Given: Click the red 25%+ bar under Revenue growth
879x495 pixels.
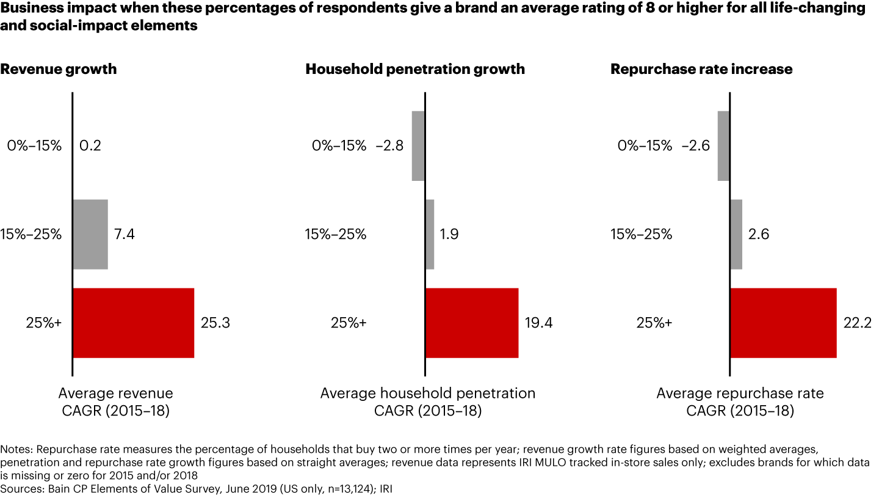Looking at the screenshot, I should click(x=133, y=323).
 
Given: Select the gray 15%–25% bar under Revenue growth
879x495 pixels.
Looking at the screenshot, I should click(x=90, y=234).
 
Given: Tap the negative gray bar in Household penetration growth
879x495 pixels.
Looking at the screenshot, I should click(x=418, y=145).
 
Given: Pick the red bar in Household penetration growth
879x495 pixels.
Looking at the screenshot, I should click(x=472, y=323).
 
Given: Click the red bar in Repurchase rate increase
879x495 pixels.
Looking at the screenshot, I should click(x=783, y=323).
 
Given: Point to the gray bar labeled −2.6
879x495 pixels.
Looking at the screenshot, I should click(x=723, y=145).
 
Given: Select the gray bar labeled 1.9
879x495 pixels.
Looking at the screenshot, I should click(x=430, y=234).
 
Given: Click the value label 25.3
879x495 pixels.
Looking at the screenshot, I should click(x=215, y=323).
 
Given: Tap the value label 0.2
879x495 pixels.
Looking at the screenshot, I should click(x=90, y=145).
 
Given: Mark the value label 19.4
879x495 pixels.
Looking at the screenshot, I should click(x=538, y=323).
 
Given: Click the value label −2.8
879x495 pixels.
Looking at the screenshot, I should click(x=389, y=145).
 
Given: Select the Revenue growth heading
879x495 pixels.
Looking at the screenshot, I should click(x=59, y=69).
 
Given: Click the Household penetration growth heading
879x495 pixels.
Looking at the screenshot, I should click(x=415, y=69).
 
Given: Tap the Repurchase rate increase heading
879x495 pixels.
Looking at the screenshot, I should click(x=701, y=69).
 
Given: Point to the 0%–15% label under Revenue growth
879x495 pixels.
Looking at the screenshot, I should click(x=34, y=145).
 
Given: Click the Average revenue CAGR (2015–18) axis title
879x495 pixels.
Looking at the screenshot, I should click(x=115, y=402).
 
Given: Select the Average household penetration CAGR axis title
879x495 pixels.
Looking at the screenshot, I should click(x=427, y=402).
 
